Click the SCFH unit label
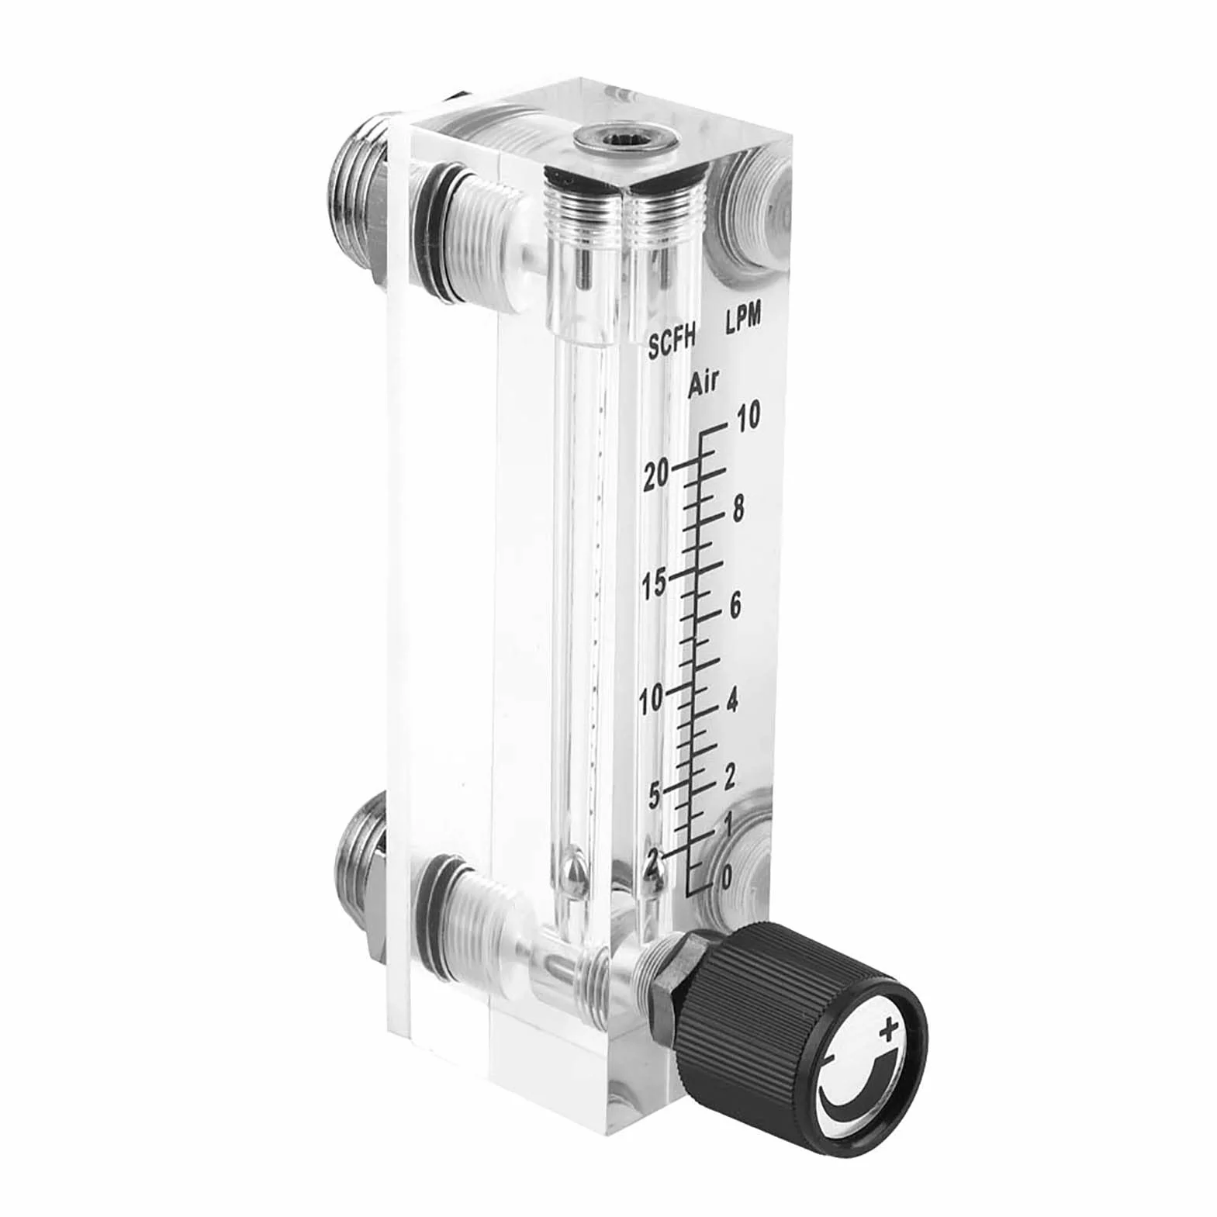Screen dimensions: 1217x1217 [x=675, y=344]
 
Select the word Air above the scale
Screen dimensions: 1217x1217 [x=705, y=385]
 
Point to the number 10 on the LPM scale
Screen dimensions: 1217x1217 [x=749, y=417]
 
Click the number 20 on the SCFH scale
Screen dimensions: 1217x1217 [x=655, y=475]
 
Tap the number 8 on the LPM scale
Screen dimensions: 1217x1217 [x=737, y=510]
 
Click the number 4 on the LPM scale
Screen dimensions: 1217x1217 [x=731, y=700]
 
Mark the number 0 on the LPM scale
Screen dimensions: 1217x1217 [x=726, y=877]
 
